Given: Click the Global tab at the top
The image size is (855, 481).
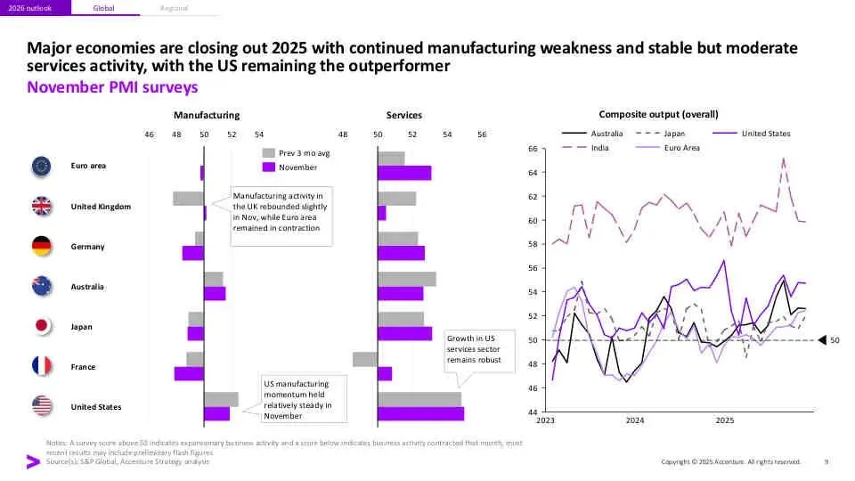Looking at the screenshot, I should pos(103,8).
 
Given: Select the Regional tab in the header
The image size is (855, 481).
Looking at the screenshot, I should pos(175,8).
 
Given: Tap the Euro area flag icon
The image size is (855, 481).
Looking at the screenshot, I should pos(41,166).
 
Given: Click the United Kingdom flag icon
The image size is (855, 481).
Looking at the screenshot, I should pos(41,207).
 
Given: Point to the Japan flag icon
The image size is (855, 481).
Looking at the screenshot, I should pos(41,327).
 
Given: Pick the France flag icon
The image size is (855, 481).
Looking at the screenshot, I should pos(41,367).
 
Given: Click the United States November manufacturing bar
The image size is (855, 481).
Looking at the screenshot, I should pos(216,413).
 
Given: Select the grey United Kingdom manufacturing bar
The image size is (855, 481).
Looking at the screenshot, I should pos(188,199).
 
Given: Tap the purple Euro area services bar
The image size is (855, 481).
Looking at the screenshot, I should pos(404,173).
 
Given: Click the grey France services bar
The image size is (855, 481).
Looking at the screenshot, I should pos(365,359).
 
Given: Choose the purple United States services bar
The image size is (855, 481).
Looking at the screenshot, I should pos(420,413).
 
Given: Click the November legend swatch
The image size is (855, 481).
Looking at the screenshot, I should pos(268,167).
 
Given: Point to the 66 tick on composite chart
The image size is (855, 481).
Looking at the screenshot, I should pos(532,148).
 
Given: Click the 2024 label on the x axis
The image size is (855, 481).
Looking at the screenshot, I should pos(635,420).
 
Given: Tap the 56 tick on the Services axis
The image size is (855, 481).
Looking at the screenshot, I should pos(482,134).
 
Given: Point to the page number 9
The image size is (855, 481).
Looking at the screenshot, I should pos(826,461).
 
